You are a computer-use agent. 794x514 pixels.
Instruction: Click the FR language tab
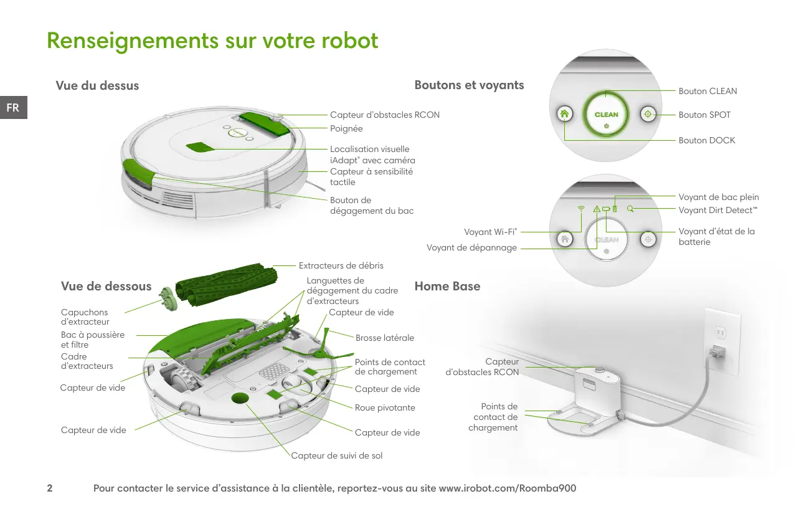13,107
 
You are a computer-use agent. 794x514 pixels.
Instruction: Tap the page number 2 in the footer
50,488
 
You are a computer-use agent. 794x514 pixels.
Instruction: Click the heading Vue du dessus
97,85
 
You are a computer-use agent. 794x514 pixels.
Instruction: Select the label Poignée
346,128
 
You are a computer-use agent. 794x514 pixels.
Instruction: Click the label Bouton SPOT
704,115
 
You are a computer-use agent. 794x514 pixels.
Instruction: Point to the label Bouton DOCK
707,140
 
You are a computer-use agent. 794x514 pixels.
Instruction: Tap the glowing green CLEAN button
606,114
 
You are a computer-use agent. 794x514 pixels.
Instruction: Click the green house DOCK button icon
564,114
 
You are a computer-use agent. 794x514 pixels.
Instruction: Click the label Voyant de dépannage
471,248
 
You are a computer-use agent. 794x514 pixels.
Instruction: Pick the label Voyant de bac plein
719,197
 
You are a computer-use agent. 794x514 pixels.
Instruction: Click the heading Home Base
447,287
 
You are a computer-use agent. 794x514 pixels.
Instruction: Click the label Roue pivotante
385,407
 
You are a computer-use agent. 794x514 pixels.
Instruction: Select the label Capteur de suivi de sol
337,455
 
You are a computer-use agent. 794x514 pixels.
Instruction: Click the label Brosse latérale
385,338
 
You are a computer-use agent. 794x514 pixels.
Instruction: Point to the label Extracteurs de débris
341,265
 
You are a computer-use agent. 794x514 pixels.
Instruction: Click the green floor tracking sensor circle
240,398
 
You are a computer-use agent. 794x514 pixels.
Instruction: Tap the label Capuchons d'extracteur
85,317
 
